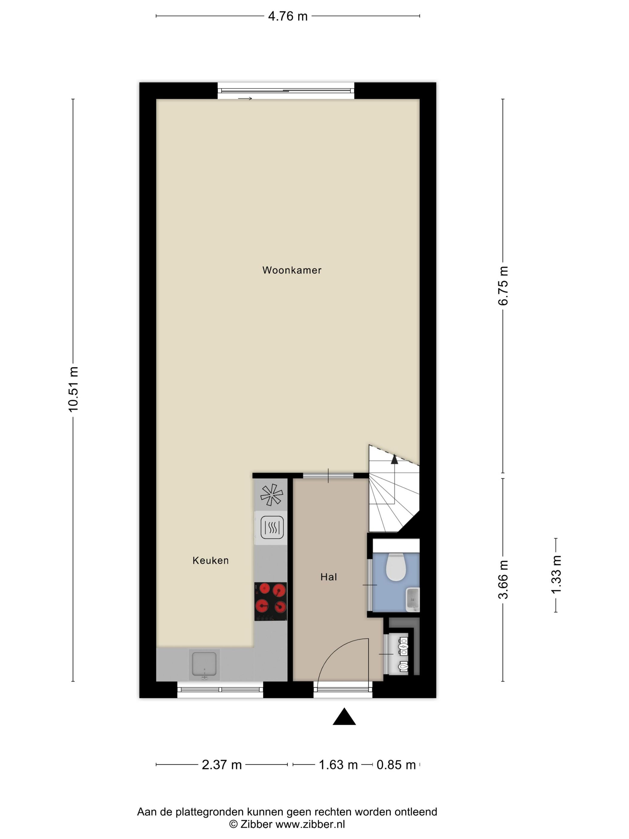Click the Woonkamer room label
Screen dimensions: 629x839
coord(291,271)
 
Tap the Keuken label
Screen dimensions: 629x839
coord(211,560)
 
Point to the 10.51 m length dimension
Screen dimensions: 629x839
coord(73,389)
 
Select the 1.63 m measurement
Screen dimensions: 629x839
coord(338,765)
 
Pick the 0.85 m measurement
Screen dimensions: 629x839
coord(396,765)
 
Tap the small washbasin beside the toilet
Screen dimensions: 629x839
coord(412,599)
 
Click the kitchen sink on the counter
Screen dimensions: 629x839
coord(204,664)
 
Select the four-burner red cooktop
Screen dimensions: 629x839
coord(270,602)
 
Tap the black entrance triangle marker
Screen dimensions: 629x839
coord(344,716)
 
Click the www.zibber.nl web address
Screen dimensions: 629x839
coord(310,824)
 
